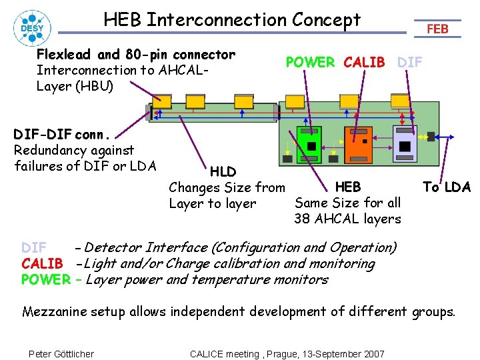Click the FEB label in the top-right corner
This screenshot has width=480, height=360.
click(x=437, y=29)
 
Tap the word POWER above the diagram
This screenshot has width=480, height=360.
click(x=310, y=62)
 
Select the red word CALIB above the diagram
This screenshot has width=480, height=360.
click(x=364, y=62)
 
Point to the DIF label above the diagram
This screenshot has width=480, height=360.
click(x=410, y=62)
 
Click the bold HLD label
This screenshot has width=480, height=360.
click(x=223, y=172)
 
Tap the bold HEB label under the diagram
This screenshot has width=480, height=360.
click(x=348, y=187)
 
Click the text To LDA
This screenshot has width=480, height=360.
click(x=447, y=187)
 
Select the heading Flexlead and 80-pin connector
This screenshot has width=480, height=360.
click(x=136, y=54)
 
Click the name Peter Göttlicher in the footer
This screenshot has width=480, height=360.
click(x=61, y=353)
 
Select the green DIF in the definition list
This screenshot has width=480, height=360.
click(x=34, y=247)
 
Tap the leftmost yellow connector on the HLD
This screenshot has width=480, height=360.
click(x=161, y=101)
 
